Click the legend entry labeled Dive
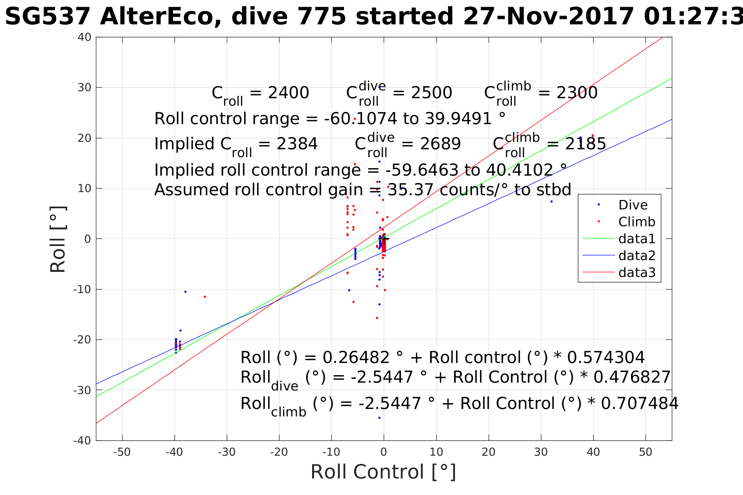[633, 205]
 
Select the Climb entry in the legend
[636, 222]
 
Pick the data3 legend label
[636, 273]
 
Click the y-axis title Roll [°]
[58, 239]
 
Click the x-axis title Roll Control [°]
[383, 472]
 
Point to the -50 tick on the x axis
[122, 452]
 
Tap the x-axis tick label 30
[541, 452]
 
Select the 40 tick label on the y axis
[85, 37]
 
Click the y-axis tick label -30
[82, 390]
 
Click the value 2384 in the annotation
[297, 144]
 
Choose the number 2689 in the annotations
[440, 144]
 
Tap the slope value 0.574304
[606, 357]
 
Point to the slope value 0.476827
[631, 377]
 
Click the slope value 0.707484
[640, 403]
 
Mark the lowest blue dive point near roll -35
[379, 418]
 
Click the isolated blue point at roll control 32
[552, 202]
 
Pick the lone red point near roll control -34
[205, 297]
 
